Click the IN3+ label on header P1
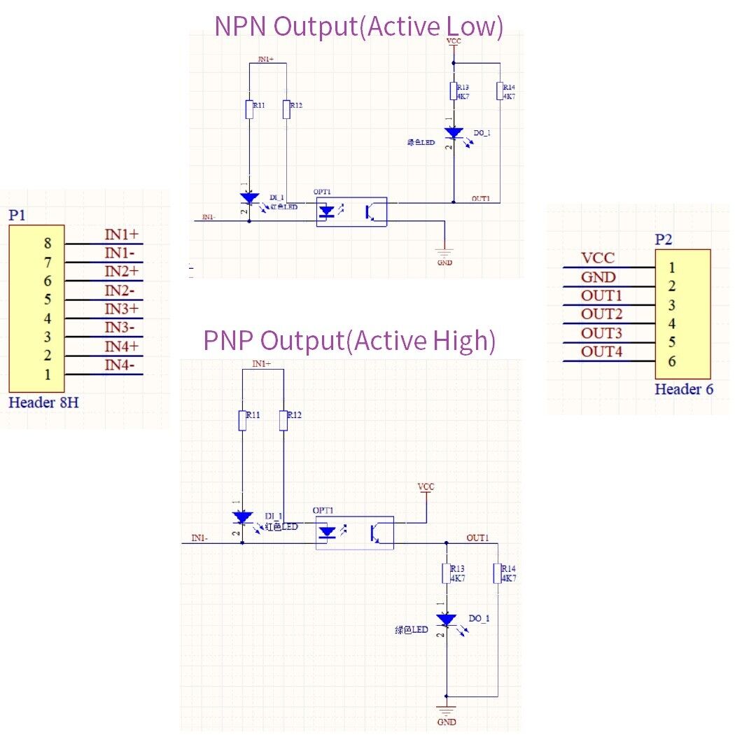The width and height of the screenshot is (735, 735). (x=122, y=309)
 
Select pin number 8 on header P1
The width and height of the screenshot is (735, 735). (x=48, y=244)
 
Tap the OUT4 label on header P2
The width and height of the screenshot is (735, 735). (x=601, y=351)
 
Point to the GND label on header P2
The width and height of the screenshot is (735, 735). (x=598, y=277)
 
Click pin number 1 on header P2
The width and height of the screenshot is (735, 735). (x=672, y=267)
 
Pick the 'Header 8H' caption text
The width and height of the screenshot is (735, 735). (x=43, y=402)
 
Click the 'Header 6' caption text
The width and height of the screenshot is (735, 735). (x=684, y=389)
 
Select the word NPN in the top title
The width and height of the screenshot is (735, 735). (x=241, y=26)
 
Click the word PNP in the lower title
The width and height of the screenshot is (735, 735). (x=229, y=341)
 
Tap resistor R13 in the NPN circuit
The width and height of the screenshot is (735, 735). (x=453, y=92)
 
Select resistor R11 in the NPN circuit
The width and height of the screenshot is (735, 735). (x=249, y=109)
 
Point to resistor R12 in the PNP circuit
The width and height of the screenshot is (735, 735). (x=283, y=420)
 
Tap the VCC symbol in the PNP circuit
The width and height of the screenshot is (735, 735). (x=426, y=490)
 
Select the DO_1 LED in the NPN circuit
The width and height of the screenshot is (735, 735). (x=454, y=132)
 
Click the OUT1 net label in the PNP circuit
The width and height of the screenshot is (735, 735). (x=477, y=538)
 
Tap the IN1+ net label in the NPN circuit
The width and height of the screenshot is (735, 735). (x=267, y=59)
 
